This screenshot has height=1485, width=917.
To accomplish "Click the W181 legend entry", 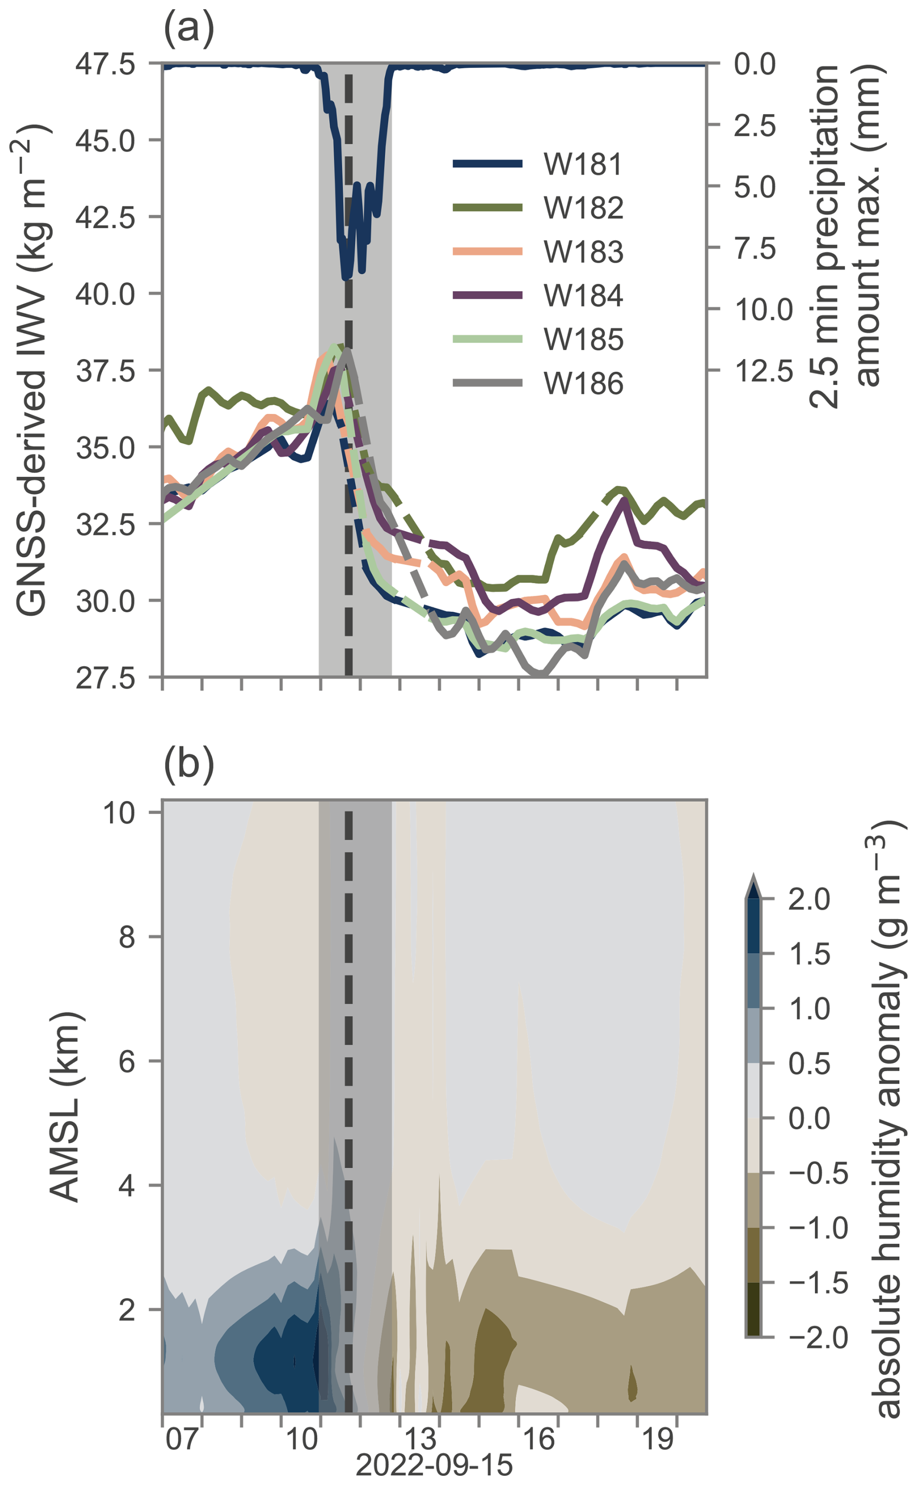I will pos(582,164).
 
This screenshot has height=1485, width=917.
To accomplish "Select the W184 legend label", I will pos(582,296).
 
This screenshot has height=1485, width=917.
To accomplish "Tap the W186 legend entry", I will pos(582,384).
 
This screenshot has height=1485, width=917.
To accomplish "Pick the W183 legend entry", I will pos(582,252).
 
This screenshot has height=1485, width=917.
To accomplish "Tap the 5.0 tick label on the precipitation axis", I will pos(755,187).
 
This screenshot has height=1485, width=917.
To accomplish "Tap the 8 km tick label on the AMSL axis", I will pos(127,937).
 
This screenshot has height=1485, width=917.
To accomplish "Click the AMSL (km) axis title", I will pos(65,1107).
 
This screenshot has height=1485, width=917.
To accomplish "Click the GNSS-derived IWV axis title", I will pos(32,370).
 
